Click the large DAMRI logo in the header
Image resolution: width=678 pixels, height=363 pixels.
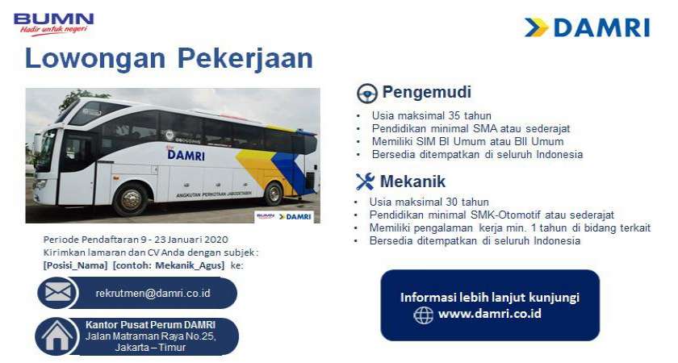587,27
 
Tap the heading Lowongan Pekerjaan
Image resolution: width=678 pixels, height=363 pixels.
169,59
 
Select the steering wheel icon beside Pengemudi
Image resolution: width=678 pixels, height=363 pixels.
367,92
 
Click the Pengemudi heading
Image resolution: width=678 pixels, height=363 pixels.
426,92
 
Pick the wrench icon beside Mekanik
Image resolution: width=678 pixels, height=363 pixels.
365,181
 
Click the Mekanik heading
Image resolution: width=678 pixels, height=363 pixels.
413,181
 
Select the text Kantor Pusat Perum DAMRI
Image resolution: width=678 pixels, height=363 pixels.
150,325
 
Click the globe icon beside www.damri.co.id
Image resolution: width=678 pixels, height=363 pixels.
424,314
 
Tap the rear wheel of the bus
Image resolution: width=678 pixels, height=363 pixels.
274,194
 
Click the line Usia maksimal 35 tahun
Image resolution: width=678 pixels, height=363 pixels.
431,115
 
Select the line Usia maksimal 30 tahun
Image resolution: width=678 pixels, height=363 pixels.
429,202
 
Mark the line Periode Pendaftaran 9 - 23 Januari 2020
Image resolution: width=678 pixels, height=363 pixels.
136,240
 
